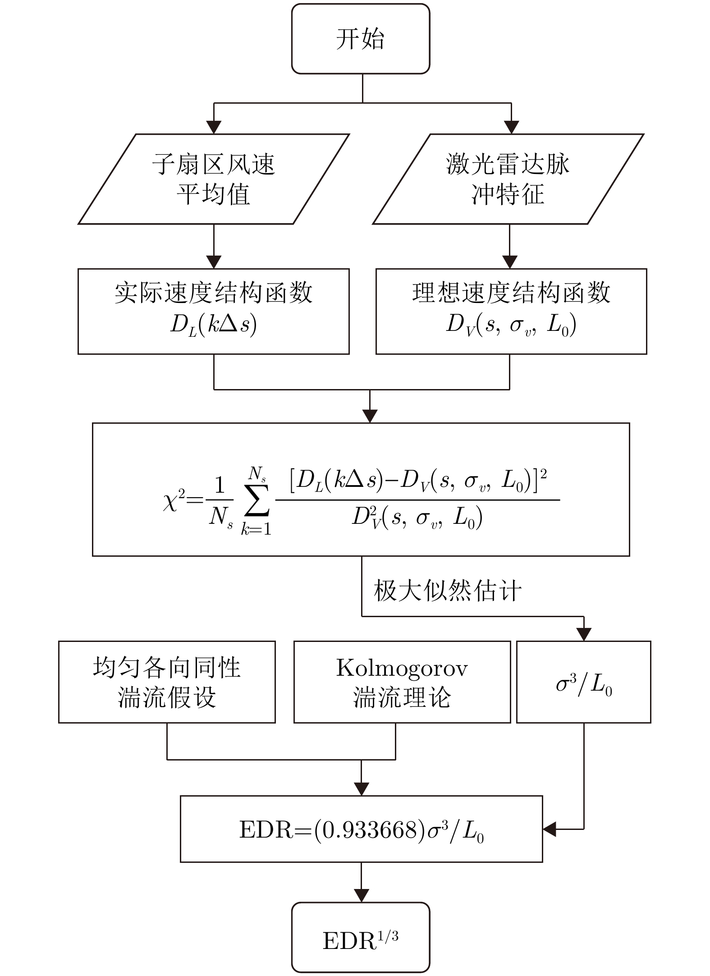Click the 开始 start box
360,39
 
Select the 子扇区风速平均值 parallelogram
214,179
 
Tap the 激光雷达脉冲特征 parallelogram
508,179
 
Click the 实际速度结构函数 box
213,311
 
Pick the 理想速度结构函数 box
511,311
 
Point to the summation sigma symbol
257,500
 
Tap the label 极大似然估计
448,590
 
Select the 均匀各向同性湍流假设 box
167,682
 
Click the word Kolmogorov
402,669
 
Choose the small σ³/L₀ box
583,682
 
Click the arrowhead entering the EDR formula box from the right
550,829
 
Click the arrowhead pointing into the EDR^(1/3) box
361,896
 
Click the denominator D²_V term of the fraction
417,518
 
